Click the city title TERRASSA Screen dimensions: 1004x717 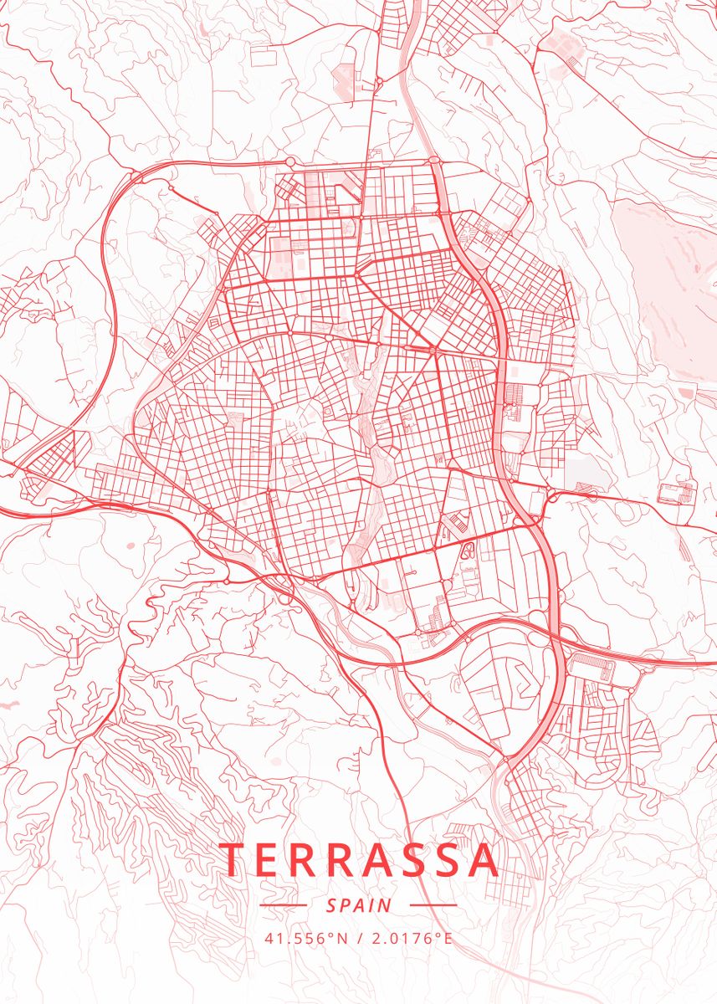click(359, 859)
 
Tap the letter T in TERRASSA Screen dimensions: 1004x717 click(235, 860)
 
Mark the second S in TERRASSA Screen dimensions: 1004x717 click(438, 860)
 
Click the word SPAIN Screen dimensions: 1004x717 click(359, 905)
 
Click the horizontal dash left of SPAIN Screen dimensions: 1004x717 click(283, 905)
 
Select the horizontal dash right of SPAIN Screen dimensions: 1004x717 click(433, 905)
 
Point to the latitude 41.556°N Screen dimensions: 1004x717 click(305, 938)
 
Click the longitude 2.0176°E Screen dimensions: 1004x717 click(411, 938)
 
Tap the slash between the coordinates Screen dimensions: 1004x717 click(358, 938)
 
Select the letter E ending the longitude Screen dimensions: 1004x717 click(448, 938)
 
